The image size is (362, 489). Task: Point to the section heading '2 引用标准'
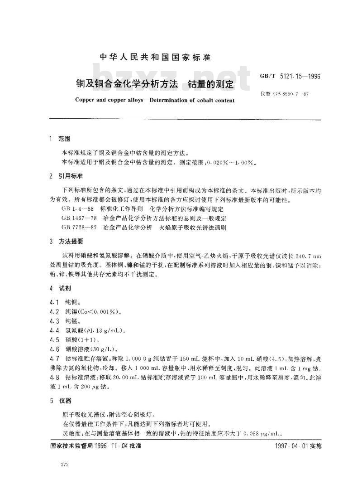coord(65,175)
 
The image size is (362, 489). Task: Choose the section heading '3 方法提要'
coord(65,241)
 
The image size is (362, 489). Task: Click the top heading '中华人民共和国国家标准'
coord(155,58)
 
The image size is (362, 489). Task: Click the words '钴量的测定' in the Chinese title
coord(210,84)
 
